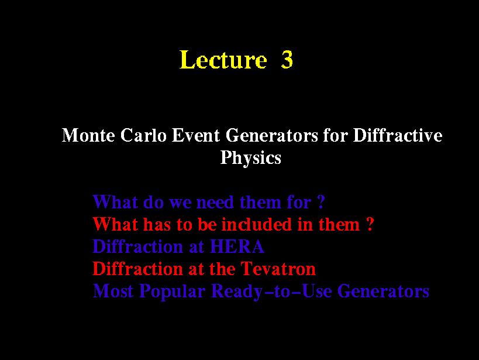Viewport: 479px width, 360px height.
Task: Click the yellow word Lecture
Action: (x=223, y=59)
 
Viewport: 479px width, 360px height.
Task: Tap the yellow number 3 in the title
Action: (x=287, y=59)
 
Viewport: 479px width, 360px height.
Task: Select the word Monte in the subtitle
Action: (x=88, y=135)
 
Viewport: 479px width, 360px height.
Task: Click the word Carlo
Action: (x=143, y=135)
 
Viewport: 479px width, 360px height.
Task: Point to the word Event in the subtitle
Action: (x=196, y=135)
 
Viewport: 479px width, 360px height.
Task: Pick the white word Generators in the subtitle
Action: (x=272, y=136)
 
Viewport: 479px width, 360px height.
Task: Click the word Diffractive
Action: (x=398, y=135)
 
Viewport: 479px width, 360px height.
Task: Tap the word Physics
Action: (x=251, y=158)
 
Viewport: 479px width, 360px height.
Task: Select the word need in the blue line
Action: (x=215, y=203)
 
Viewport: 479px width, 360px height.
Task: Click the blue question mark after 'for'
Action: (x=321, y=202)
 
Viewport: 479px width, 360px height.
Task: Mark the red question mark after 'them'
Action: (x=370, y=224)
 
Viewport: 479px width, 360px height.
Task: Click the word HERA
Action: (x=237, y=246)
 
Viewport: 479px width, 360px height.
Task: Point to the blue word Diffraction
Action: (x=138, y=246)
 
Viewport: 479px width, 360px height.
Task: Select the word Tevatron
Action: (x=278, y=269)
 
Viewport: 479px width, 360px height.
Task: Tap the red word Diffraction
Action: (x=138, y=269)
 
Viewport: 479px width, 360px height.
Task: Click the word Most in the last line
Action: (x=113, y=291)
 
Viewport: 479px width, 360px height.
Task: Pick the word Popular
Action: (x=173, y=292)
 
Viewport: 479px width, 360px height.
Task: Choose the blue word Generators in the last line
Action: (x=384, y=291)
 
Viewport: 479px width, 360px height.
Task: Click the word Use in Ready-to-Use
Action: (x=316, y=291)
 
